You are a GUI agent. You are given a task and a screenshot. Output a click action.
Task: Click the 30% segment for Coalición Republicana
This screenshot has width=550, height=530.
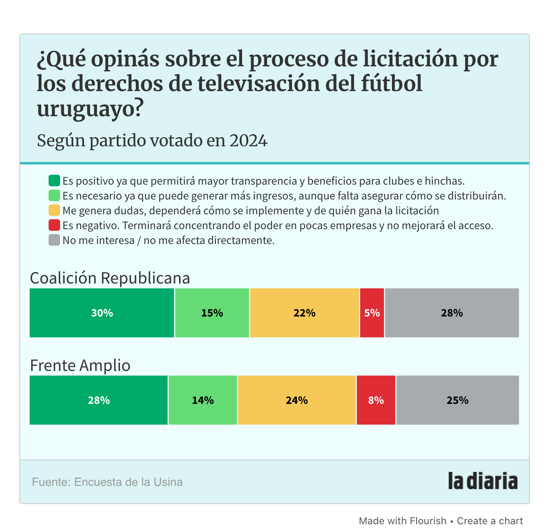102,313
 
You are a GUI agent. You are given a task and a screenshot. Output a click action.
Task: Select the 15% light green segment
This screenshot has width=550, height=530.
212,313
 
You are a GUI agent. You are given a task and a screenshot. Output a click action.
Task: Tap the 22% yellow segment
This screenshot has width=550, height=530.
304,313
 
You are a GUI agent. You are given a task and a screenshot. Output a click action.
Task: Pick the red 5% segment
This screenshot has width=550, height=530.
372,313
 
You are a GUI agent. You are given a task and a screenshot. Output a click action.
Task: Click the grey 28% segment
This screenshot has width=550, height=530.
452,313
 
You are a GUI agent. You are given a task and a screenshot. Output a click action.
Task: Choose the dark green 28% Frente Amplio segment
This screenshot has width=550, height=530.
99,400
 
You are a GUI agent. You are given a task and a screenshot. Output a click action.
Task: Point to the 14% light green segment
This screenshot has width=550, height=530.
203,400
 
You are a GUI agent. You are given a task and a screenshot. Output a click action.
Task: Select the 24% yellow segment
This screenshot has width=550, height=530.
297,400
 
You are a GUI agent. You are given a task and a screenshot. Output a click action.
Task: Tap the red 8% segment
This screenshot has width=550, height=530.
376,400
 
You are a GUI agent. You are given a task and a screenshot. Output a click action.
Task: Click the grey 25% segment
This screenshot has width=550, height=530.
457,400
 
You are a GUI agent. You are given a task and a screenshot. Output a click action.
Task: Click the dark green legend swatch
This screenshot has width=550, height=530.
54,181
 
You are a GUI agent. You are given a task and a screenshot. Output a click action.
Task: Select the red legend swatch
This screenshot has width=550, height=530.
54,225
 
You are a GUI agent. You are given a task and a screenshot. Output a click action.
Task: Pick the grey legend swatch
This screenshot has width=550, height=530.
54,240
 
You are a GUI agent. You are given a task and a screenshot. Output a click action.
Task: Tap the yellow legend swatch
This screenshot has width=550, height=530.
54,211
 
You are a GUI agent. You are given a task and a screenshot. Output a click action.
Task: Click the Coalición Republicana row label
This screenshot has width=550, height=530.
110,278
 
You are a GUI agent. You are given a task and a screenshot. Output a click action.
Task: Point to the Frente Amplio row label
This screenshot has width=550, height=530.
80,366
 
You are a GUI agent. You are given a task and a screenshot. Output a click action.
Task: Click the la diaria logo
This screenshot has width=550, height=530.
482,481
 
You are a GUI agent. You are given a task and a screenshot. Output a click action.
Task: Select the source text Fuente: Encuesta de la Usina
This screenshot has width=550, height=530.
107,482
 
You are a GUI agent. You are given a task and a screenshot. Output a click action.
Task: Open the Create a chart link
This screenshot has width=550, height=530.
490,521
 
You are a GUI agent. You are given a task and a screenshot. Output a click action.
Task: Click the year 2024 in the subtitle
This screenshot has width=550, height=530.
248,141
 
